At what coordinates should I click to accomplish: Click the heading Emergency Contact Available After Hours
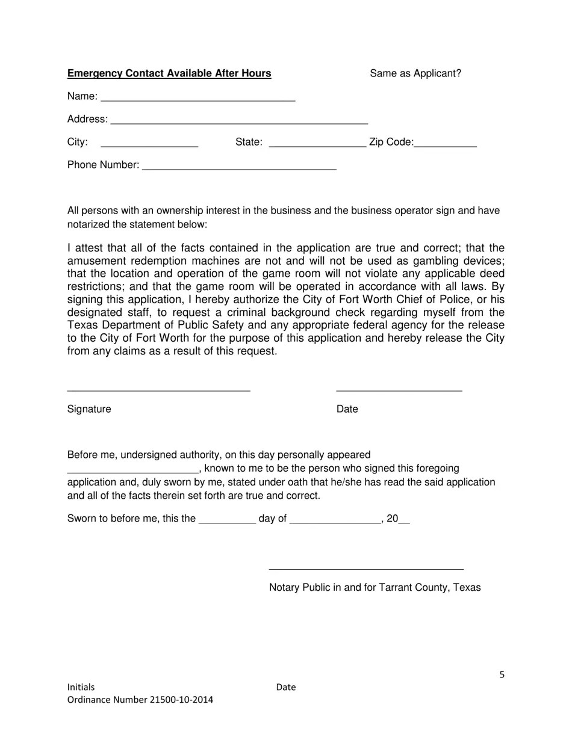(x=169, y=73)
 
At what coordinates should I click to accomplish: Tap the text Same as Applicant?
(x=415, y=73)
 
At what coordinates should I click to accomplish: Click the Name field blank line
(x=198, y=98)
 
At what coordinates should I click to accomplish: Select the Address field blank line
(x=240, y=121)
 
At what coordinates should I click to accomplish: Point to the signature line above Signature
(x=158, y=389)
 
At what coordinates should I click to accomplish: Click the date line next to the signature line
(x=399, y=389)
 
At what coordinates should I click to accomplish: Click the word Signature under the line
(x=89, y=409)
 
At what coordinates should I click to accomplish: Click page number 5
(x=502, y=675)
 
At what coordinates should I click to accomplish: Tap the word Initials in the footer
(x=81, y=687)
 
